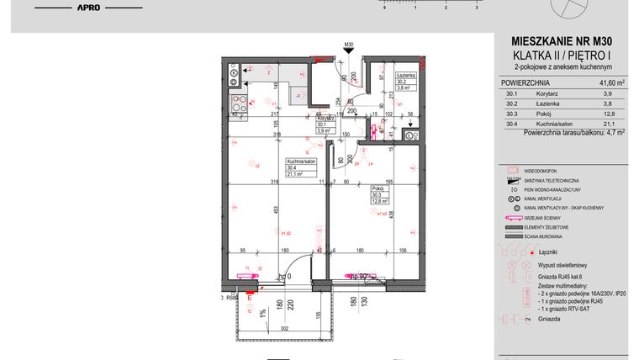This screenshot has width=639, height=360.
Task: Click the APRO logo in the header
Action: pos(88,7)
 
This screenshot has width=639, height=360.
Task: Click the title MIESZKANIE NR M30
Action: pos(561,41)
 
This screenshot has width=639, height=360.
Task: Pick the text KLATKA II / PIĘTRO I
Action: pos(561,55)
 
